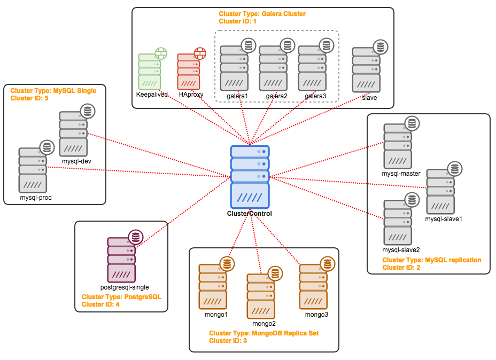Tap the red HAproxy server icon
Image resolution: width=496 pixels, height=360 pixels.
point(189,72)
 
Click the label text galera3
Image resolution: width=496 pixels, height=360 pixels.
point(315,96)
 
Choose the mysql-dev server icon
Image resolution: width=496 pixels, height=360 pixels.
point(73,134)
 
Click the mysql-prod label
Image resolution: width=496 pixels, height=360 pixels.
point(35,197)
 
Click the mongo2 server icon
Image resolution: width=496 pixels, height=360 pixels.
point(261,296)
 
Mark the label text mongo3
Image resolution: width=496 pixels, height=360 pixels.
point(316,314)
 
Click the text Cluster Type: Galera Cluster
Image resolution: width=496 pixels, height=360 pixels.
point(262,14)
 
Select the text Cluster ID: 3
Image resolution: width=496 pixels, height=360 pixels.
point(228,340)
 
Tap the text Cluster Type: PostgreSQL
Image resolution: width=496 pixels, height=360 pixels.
point(121,296)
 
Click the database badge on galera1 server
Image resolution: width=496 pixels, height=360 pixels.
point(247,45)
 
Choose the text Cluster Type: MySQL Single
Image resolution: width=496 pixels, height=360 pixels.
point(53,91)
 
